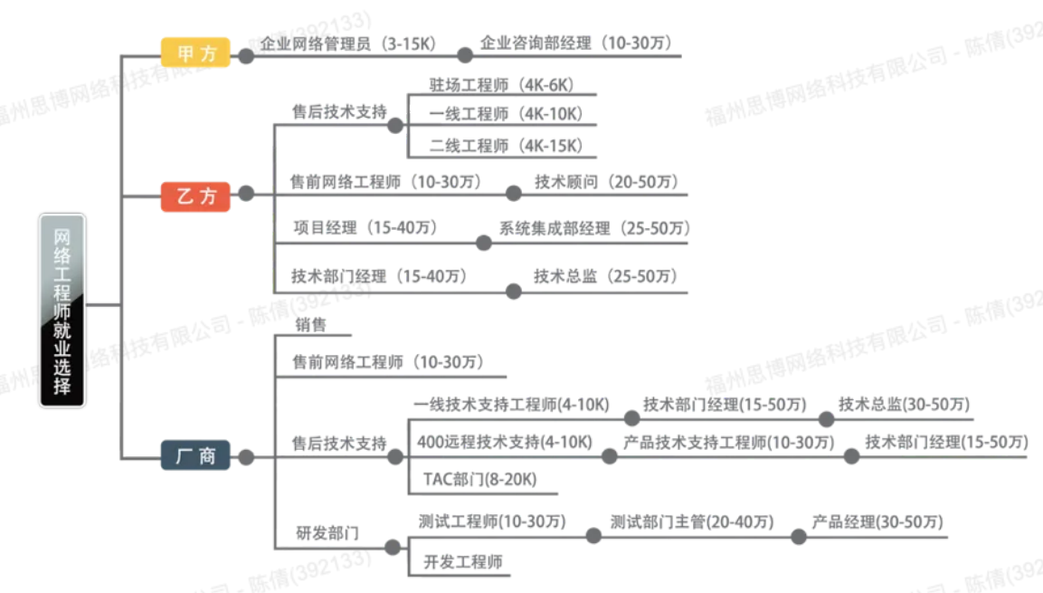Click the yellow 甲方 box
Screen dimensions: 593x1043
[x=195, y=53]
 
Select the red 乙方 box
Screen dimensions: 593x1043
[x=195, y=196]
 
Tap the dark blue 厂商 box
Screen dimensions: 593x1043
[x=195, y=455]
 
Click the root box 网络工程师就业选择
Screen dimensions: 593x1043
[x=62, y=310]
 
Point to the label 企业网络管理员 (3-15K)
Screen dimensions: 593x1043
[x=348, y=43]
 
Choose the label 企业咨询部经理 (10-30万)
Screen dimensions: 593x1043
[x=576, y=43]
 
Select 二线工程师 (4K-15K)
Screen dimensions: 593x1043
[x=507, y=145]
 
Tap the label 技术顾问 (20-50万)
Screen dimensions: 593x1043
[x=606, y=182]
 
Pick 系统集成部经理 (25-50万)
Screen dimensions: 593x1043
[x=593, y=229]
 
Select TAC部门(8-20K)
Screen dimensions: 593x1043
[x=479, y=480]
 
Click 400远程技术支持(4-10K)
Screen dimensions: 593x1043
[x=504, y=443]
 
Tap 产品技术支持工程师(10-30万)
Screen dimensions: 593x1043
[x=728, y=443]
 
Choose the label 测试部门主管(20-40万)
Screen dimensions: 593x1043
[x=692, y=522]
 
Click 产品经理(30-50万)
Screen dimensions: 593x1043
[x=877, y=522]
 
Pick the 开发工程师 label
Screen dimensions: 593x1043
[x=463, y=561]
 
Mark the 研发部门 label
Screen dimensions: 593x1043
[x=327, y=533]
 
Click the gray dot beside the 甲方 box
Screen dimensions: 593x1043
[x=246, y=56]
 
